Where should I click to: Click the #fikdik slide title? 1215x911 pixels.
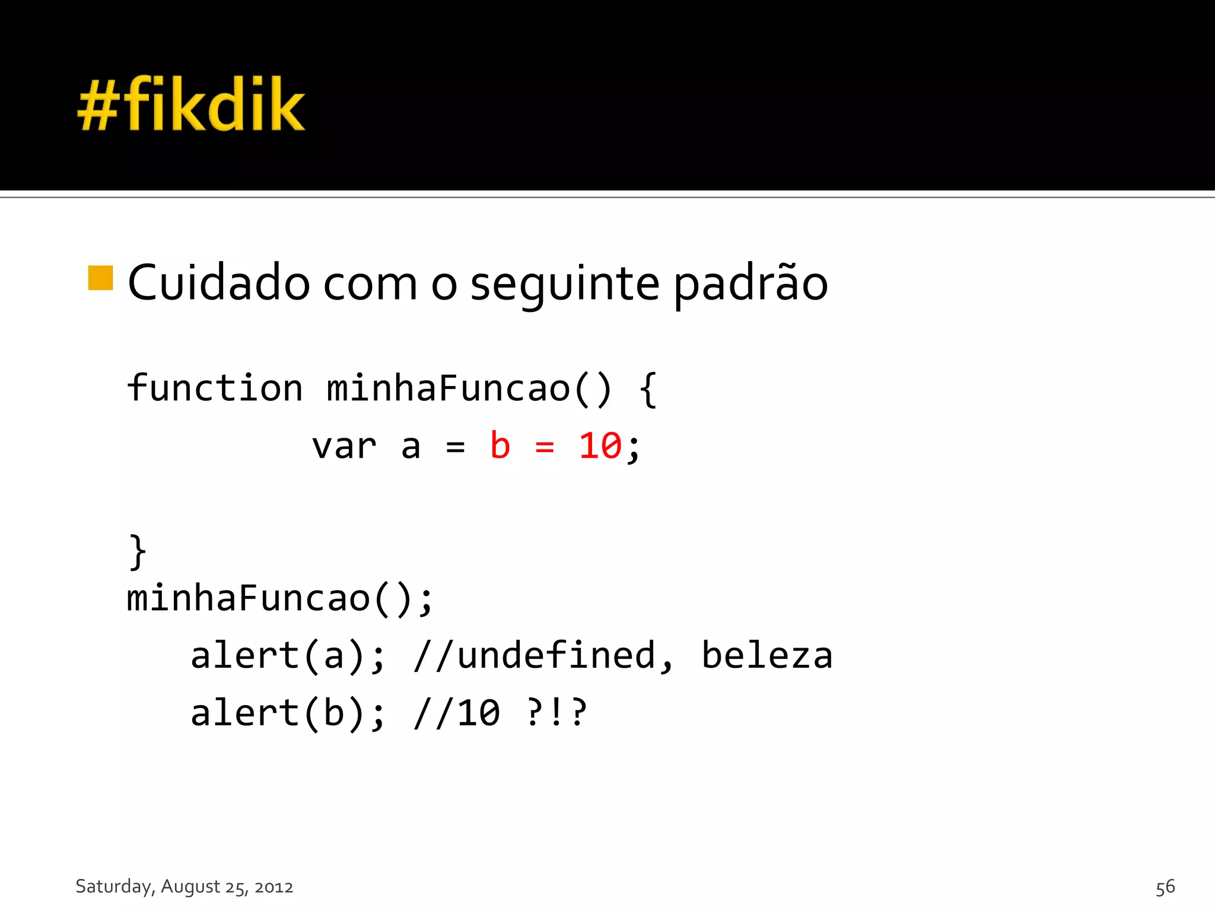click(191, 105)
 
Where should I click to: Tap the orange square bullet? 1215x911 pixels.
click(100, 278)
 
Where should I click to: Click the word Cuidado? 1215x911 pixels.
click(218, 283)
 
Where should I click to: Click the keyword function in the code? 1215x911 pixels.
click(215, 388)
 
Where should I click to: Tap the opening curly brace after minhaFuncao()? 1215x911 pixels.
click(648, 390)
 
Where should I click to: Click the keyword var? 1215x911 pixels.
click(344, 446)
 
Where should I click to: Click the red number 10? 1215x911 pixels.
click(600, 446)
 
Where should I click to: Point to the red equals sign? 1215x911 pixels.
click(545, 447)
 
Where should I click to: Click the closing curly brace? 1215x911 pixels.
click(138, 552)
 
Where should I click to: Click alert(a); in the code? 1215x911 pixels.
click(288, 656)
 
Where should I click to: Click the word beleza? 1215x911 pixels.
click(767, 656)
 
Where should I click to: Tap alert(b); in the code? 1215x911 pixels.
click(288, 713)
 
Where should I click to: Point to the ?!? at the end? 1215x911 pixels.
click(556, 713)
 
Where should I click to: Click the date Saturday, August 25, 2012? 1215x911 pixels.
click(185, 886)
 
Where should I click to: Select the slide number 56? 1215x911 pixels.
click(1165, 887)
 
